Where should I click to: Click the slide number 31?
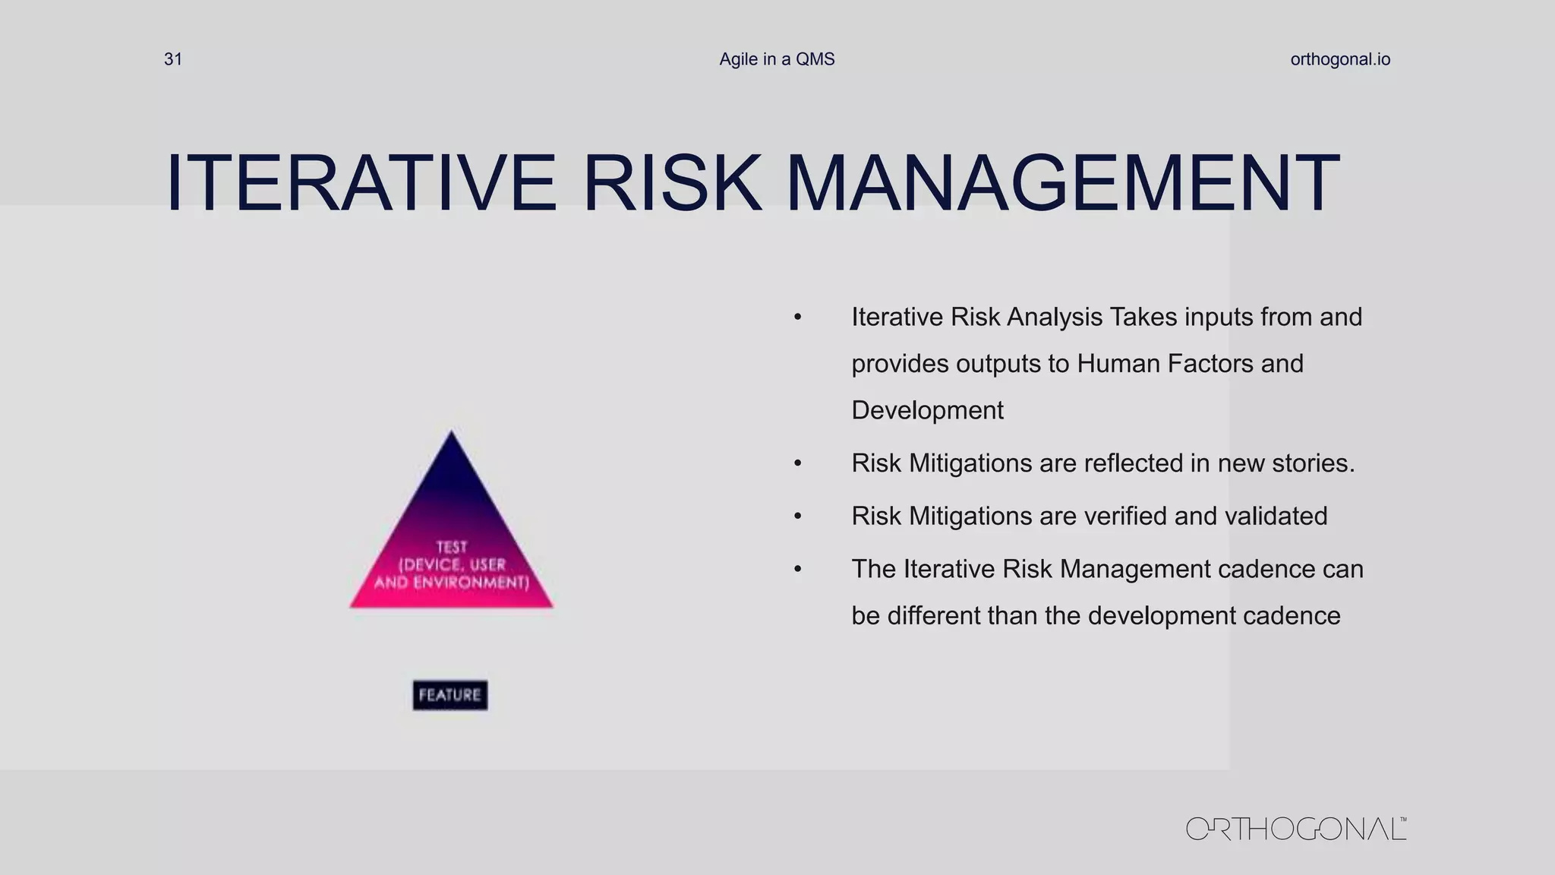pos(173,59)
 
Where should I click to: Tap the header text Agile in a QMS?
pos(777,59)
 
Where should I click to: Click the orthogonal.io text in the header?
pos(1340,59)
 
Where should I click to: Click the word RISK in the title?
pos(672,183)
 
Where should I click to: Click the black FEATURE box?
pos(450,695)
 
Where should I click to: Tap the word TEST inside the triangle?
pos(452,547)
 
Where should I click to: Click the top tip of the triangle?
pos(451,433)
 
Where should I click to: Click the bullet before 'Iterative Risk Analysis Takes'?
pos(797,317)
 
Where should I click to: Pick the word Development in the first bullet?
pos(927,410)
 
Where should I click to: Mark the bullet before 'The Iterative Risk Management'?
pos(797,570)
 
